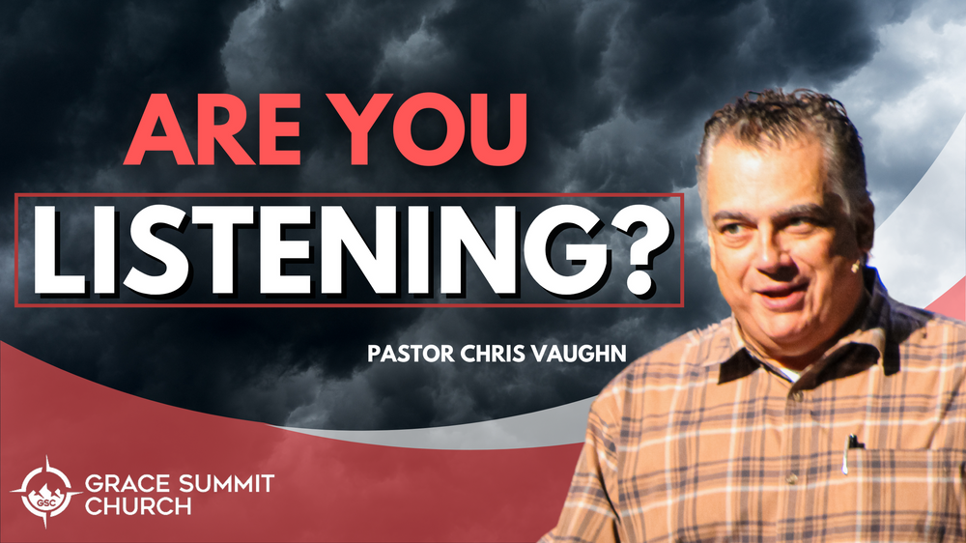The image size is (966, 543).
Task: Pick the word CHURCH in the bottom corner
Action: tap(138, 506)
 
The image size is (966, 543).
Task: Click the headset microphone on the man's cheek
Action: tap(855, 268)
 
